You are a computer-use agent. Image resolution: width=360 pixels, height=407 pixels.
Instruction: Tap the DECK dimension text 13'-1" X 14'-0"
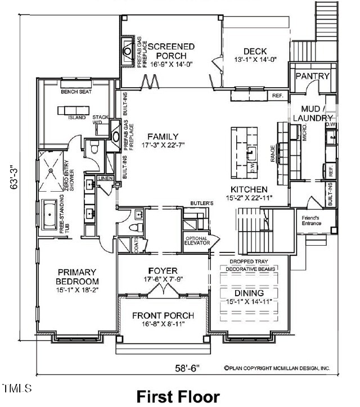tap(256, 59)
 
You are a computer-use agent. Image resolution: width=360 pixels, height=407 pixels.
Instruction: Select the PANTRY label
tap(312, 76)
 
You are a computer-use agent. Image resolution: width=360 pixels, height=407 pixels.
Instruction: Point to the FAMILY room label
tap(163, 137)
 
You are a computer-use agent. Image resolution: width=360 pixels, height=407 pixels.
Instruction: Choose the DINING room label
tap(249, 293)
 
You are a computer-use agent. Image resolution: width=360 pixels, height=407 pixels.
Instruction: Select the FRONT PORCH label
tap(163, 315)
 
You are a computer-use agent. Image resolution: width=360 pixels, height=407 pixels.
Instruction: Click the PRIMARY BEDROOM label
tap(77, 277)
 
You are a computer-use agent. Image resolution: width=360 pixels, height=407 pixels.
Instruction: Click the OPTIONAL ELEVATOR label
tap(197, 240)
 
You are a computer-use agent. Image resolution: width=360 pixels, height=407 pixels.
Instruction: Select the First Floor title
tap(178, 396)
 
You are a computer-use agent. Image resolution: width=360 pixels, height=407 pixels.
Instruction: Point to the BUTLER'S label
tap(200, 202)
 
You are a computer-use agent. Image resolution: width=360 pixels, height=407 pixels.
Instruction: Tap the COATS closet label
tap(137, 246)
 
